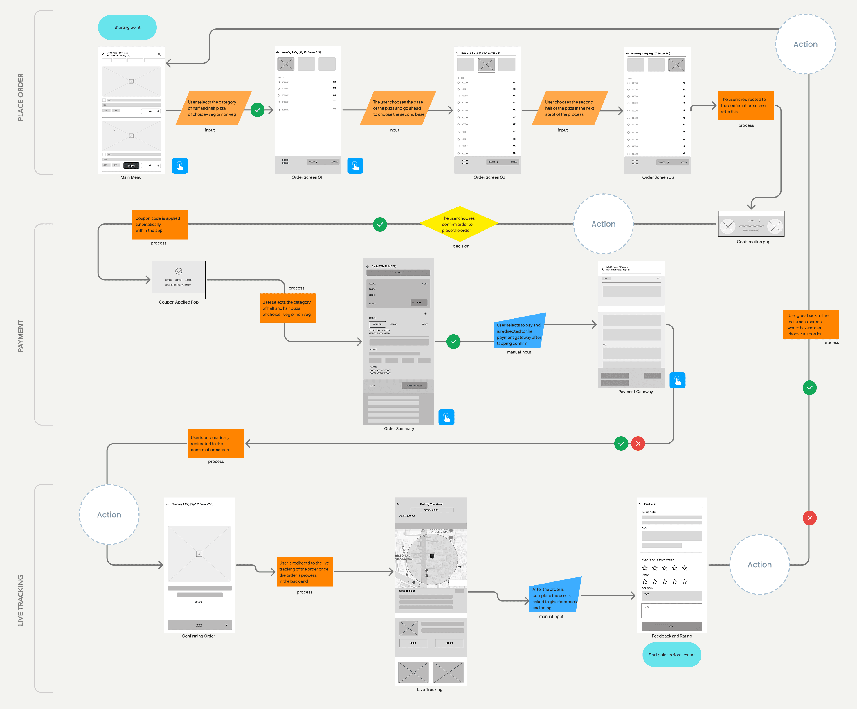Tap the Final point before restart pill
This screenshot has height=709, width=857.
671,655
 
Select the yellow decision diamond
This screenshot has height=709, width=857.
459,224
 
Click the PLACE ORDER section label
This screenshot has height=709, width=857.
20,97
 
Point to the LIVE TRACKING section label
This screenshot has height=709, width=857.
20,600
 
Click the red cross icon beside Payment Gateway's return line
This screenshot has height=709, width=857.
638,444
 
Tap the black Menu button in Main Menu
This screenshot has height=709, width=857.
132,165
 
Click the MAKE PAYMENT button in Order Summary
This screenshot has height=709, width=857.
414,385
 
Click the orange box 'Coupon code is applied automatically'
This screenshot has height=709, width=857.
160,225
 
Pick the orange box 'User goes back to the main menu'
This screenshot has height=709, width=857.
810,325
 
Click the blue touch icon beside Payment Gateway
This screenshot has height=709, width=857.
677,380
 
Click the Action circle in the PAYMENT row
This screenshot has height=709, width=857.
603,224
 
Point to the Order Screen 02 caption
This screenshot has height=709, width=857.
489,177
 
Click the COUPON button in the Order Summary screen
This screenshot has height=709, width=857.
377,324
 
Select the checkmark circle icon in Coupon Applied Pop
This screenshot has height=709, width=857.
179,271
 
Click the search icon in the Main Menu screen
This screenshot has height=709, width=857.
159,54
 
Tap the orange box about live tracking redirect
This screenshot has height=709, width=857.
305,572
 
